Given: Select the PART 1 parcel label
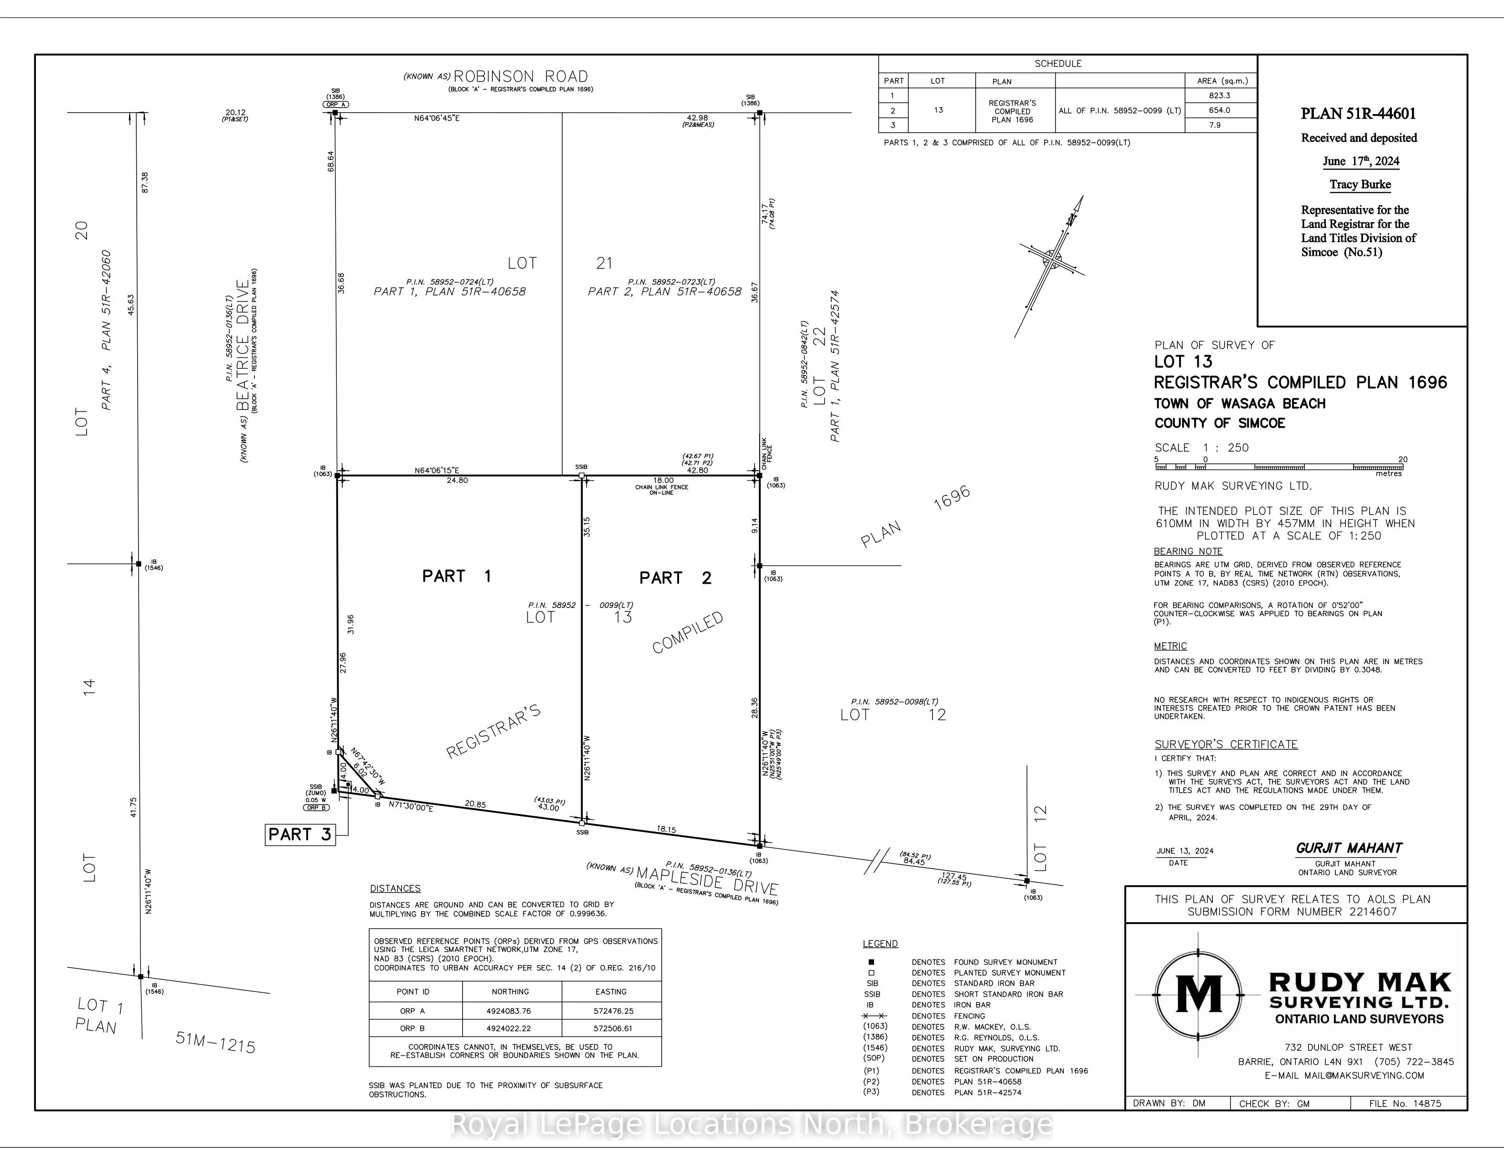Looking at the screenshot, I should pyautogui.click(x=457, y=576).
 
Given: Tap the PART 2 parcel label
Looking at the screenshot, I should pyautogui.click(x=675, y=578).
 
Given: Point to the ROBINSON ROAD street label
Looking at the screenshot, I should pyautogui.click(x=520, y=77).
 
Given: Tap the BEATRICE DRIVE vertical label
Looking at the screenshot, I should pyautogui.click(x=242, y=344).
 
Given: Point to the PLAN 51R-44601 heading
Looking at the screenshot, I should pyautogui.click(x=1358, y=114).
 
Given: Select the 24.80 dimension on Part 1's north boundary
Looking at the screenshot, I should pyautogui.click(x=457, y=480).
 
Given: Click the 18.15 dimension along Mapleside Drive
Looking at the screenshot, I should pyautogui.click(x=666, y=830).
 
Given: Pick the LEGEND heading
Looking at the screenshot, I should pyautogui.click(x=880, y=943).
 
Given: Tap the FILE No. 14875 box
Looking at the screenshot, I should pyautogui.click(x=1405, y=1103).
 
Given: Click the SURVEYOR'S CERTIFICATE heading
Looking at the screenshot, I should pyautogui.click(x=1226, y=744).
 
